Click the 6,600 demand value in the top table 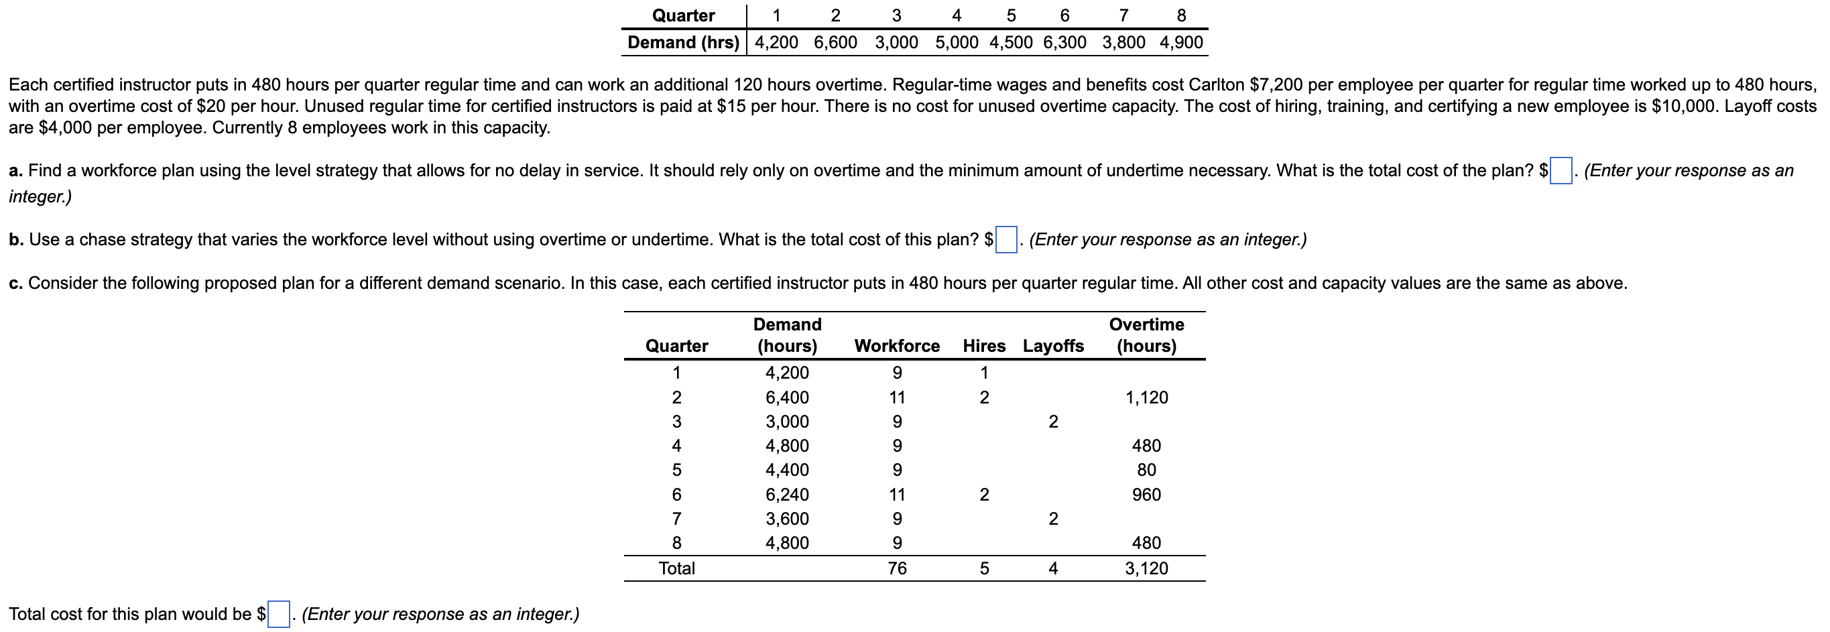click(x=835, y=43)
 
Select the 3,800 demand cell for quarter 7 click(x=1123, y=43)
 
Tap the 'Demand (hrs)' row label click(x=682, y=43)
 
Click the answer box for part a click(x=1561, y=171)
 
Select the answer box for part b click(x=1006, y=240)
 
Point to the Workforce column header click(x=896, y=346)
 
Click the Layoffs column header click(x=1053, y=346)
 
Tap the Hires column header click(x=984, y=346)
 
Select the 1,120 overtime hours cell click(x=1146, y=397)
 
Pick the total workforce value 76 click(x=896, y=568)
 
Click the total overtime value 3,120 click(x=1146, y=568)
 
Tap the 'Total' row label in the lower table click(x=676, y=568)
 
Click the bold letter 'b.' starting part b click(x=16, y=240)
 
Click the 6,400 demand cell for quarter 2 click(x=786, y=397)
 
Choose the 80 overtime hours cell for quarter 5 click(x=1146, y=470)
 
